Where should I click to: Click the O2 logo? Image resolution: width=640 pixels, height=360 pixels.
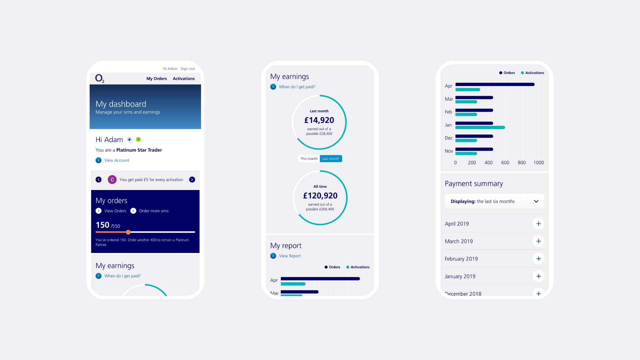click(x=99, y=78)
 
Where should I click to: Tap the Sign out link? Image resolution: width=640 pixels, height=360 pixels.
click(x=188, y=69)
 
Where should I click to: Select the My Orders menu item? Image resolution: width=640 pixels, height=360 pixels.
click(x=156, y=79)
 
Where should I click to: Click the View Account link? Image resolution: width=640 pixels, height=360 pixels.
click(x=116, y=160)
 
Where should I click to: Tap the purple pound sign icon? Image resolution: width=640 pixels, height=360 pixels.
click(x=112, y=180)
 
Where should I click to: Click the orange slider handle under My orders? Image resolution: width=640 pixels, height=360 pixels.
click(x=128, y=232)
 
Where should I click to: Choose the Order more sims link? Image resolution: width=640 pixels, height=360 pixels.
click(x=153, y=211)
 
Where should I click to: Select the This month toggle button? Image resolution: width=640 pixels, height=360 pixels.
click(x=309, y=159)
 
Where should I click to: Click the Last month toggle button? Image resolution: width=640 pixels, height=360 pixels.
click(x=331, y=159)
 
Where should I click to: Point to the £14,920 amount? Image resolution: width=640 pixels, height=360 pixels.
click(x=319, y=120)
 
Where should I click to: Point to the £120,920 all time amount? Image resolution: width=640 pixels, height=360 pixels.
click(x=320, y=196)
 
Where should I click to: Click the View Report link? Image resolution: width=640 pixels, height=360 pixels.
click(x=290, y=256)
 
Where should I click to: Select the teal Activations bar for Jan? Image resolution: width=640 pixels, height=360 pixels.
click(x=480, y=127)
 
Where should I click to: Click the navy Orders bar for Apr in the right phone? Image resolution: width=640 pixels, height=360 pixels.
click(x=495, y=84)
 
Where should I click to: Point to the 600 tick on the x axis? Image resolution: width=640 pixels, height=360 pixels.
click(x=505, y=163)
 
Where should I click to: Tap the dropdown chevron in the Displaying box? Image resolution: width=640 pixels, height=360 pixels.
click(x=536, y=201)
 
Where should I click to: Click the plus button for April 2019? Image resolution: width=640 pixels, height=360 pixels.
click(x=538, y=224)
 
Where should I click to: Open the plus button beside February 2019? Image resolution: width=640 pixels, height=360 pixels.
click(x=538, y=259)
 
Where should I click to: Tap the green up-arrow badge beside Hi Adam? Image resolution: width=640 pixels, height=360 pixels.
click(x=138, y=140)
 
